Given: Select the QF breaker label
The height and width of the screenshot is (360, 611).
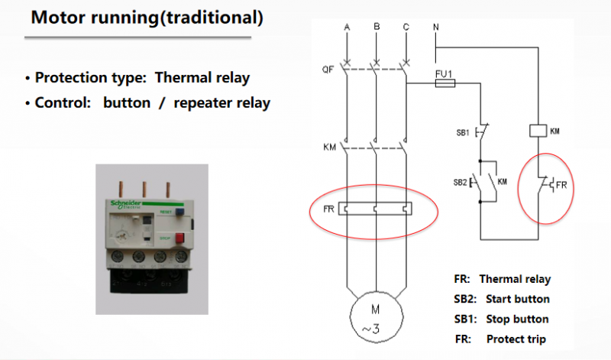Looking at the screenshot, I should (x=328, y=70).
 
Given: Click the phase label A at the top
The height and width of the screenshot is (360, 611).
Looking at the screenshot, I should (x=348, y=28).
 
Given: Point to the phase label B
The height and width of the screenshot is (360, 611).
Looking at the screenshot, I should (x=377, y=28).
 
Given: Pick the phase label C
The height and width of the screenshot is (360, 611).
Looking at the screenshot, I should (x=406, y=28).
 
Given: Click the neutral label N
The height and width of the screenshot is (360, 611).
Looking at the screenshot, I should (x=435, y=28).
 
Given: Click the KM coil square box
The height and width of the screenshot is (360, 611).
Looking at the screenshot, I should (x=537, y=131).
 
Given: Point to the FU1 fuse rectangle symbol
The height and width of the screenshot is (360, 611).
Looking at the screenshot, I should (x=446, y=85).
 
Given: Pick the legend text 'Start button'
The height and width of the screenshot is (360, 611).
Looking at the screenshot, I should (x=518, y=299).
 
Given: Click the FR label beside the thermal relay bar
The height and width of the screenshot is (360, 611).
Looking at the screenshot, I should (x=327, y=207).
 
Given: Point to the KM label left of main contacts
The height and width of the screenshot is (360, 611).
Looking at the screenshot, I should (x=328, y=145).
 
